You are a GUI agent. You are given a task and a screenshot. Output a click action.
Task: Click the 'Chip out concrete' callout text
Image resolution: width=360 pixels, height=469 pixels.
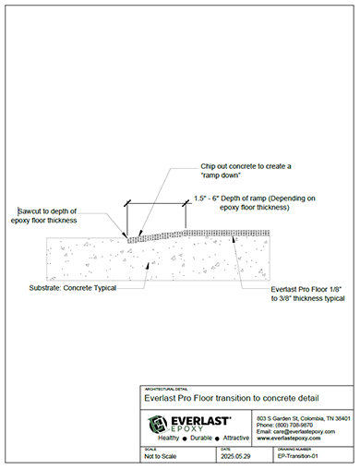[x=239, y=165]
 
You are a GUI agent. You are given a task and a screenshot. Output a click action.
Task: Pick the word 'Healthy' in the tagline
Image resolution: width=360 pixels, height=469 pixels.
[x=168, y=438]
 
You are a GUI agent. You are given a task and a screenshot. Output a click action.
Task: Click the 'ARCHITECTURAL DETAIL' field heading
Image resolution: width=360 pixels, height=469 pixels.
[x=165, y=389]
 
